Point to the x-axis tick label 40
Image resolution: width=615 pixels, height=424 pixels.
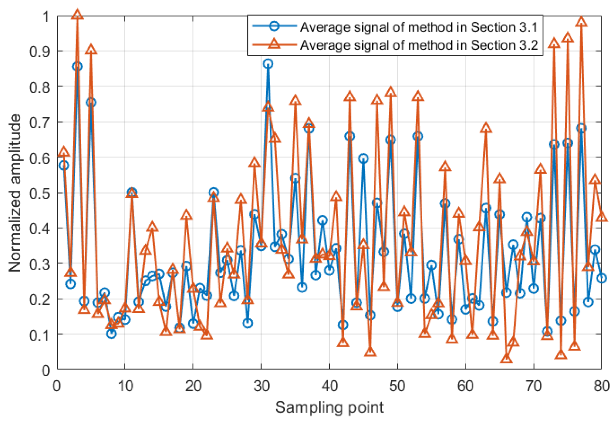330,386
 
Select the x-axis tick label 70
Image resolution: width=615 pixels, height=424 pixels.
533,386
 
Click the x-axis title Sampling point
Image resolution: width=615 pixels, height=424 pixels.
329,407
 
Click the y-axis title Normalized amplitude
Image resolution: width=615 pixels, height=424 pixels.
15,193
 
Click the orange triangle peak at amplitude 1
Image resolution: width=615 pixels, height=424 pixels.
77,15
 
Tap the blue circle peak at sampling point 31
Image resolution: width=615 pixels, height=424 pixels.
268,64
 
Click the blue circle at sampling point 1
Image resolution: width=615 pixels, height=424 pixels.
64,165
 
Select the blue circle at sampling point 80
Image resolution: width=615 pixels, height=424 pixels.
602,278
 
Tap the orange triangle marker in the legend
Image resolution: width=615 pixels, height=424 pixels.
274,44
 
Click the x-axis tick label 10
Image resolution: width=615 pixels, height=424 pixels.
125,386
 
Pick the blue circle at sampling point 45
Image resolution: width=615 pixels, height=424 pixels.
363,158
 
